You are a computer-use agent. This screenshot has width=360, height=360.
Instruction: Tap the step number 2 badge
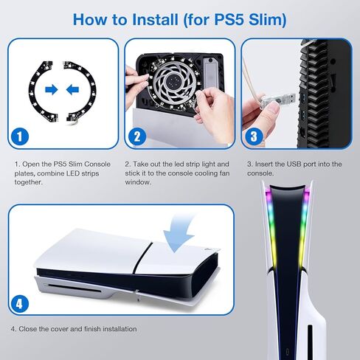click(x=136, y=136)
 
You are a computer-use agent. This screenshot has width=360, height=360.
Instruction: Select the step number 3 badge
click(x=253, y=136)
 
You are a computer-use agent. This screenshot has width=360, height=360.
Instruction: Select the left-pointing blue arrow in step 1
click(x=73, y=89)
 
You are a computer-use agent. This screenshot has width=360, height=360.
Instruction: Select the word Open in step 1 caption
click(x=31, y=163)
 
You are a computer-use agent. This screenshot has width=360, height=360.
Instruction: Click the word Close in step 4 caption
click(x=30, y=328)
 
